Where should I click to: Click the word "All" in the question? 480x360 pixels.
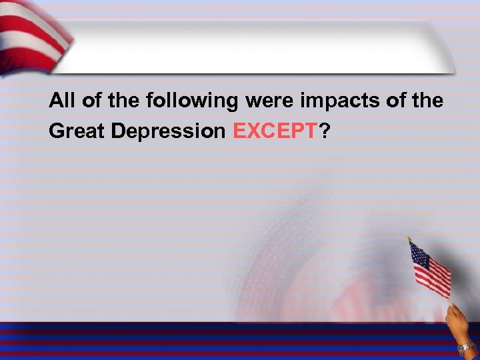(63, 101)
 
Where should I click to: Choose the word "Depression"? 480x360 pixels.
(169, 131)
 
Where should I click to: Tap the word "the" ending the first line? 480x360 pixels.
(427, 101)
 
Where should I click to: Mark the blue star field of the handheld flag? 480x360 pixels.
(419, 255)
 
